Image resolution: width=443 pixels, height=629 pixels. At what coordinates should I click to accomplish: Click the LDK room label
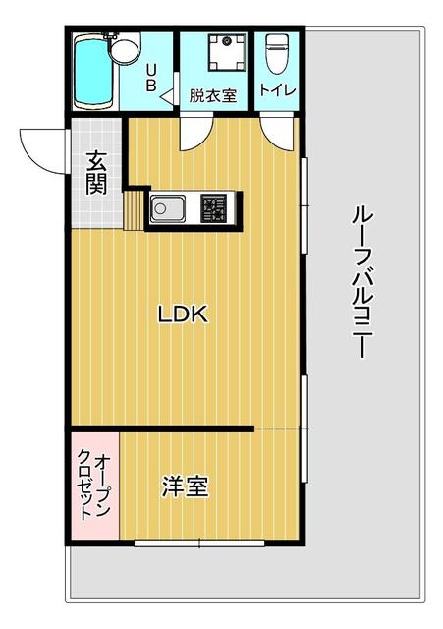[183, 315]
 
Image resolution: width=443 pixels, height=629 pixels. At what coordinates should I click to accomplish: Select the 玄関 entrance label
[96, 171]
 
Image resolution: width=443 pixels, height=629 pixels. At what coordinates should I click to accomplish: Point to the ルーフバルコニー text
[360, 281]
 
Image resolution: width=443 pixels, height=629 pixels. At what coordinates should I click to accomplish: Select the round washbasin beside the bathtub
[124, 48]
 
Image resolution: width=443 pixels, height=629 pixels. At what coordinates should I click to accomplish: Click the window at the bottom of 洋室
[198, 542]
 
